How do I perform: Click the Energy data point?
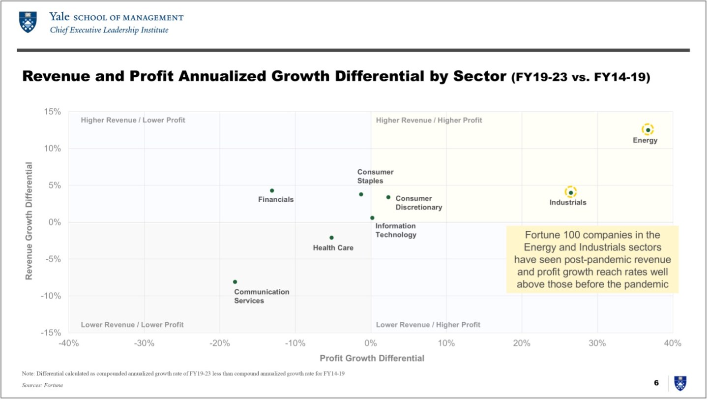pyautogui.click(x=648, y=130)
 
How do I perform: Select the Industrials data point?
pyautogui.click(x=570, y=192)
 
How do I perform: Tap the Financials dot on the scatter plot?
pyautogui.click(x=272, y=190)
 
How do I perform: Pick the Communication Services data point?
pyautogui.click(x=235, y=282)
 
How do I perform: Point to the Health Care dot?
pyautogui.click(x=331, y=238)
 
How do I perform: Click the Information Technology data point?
pyautogui.click(x=372, y=217)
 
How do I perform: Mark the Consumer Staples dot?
pyautogui.click(x=361, y=194)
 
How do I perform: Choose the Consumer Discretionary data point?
pyautogui.click(x=388, y=197)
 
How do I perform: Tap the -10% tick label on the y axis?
pyautogui.click(x=51, y=296)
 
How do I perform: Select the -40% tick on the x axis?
pyautogui.click(x=68, y=343)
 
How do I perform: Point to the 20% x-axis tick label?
pyautogui.click(x=522, y=343)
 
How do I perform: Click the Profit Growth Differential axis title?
pyautogui.click(x=372, y=358)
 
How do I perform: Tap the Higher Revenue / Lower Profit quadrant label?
pyautogui.click(x=133, y=120)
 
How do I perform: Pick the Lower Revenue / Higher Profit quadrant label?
pyautogui.click(x=428, y=325)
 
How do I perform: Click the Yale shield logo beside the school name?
pyautogui.click(x=28, y=23)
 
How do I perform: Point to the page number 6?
pyautogui.click(x=656, y=383)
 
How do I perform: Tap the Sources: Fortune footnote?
pyautogui.click(x=42, y=385)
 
